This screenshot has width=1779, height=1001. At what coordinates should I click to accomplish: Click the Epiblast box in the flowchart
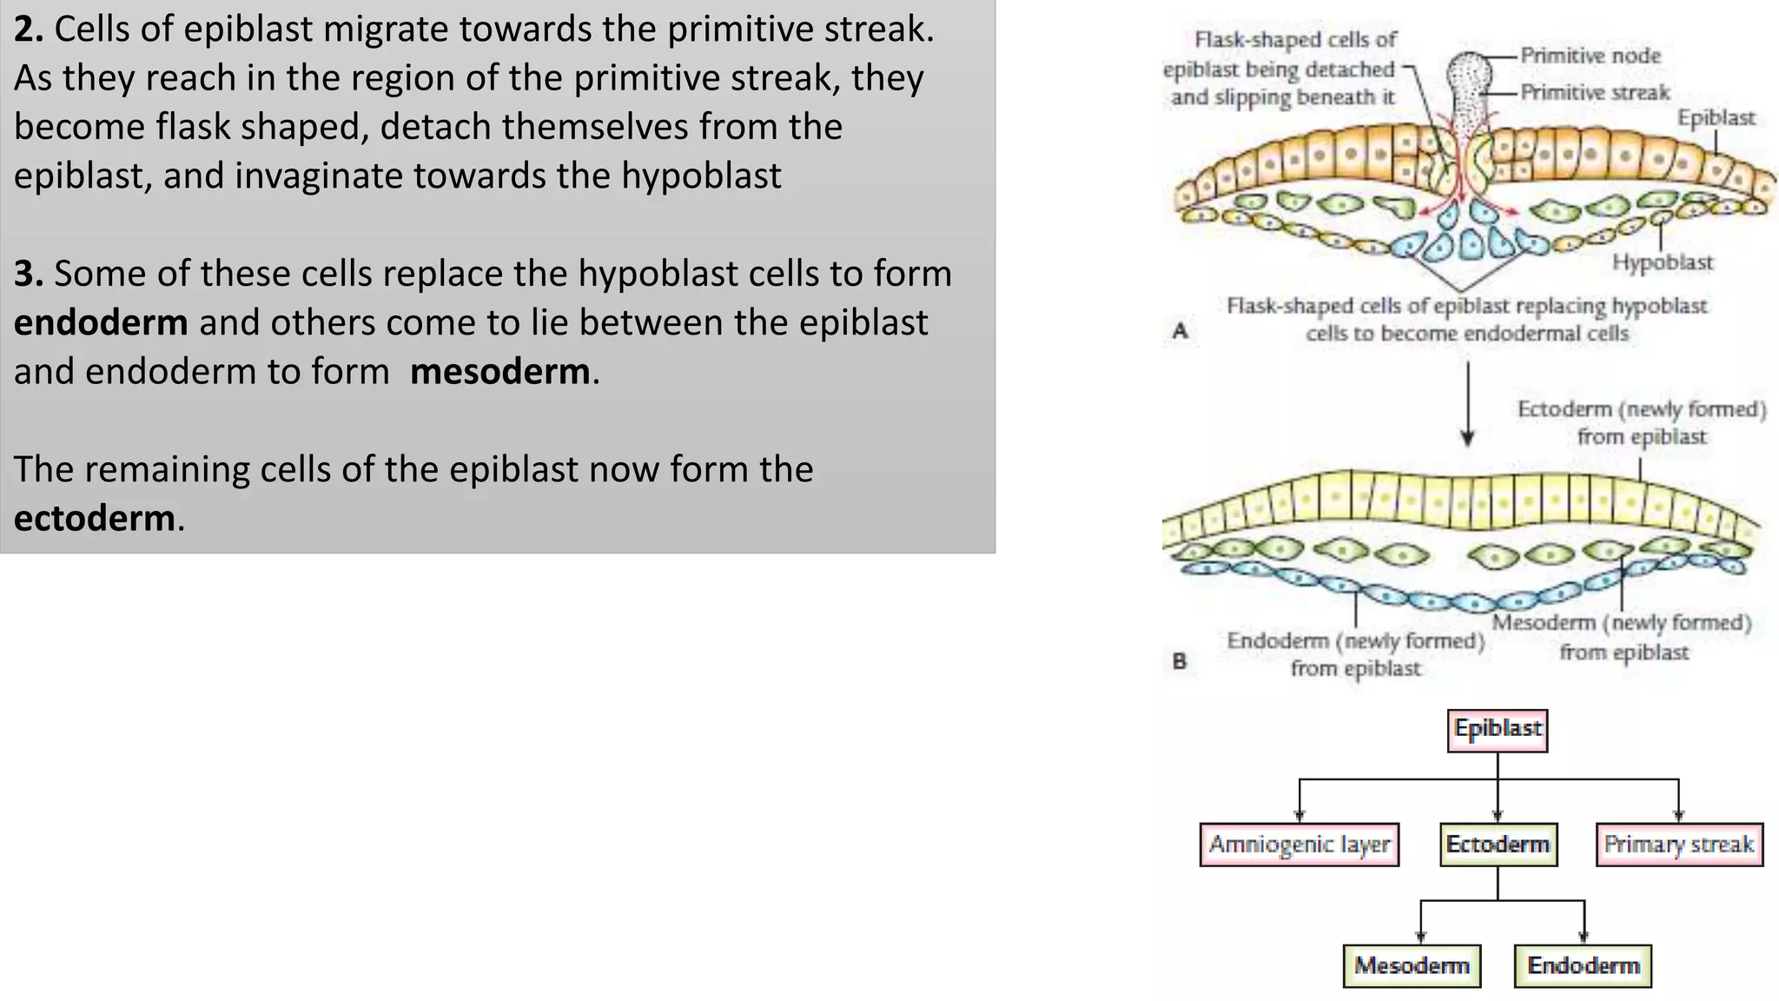(1498, 730)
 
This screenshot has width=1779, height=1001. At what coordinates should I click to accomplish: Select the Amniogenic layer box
(1299, 845)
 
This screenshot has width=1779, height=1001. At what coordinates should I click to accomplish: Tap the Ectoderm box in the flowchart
(1498, 845)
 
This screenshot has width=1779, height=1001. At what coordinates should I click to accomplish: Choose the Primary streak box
(1678, 845)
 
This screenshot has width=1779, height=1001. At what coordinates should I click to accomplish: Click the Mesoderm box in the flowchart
(1412, 966)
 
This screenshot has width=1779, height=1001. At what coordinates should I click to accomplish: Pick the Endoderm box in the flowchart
(1583, 966)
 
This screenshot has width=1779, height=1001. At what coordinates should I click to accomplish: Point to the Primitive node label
(1590, 56)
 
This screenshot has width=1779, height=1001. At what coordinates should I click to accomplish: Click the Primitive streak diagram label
(1595, 92)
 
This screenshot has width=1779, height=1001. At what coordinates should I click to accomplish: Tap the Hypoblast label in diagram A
(1663, 262)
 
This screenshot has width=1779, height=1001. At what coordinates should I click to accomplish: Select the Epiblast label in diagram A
(1716, 118)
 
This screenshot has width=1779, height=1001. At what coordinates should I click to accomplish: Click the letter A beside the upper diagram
(1180, 330)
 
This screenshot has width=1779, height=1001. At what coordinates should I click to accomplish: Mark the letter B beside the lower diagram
(1180, 661)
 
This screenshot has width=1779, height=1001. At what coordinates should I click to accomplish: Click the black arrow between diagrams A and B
(1468, 404)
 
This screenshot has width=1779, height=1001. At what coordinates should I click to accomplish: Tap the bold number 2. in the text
(28, 30)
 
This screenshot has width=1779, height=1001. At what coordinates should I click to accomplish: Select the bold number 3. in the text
(28, 274)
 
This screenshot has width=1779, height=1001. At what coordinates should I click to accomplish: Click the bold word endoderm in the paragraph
(101, 322)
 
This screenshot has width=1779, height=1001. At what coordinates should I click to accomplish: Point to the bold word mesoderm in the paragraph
(500, 372)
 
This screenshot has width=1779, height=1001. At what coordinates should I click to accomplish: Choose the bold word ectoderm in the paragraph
(95, 519)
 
